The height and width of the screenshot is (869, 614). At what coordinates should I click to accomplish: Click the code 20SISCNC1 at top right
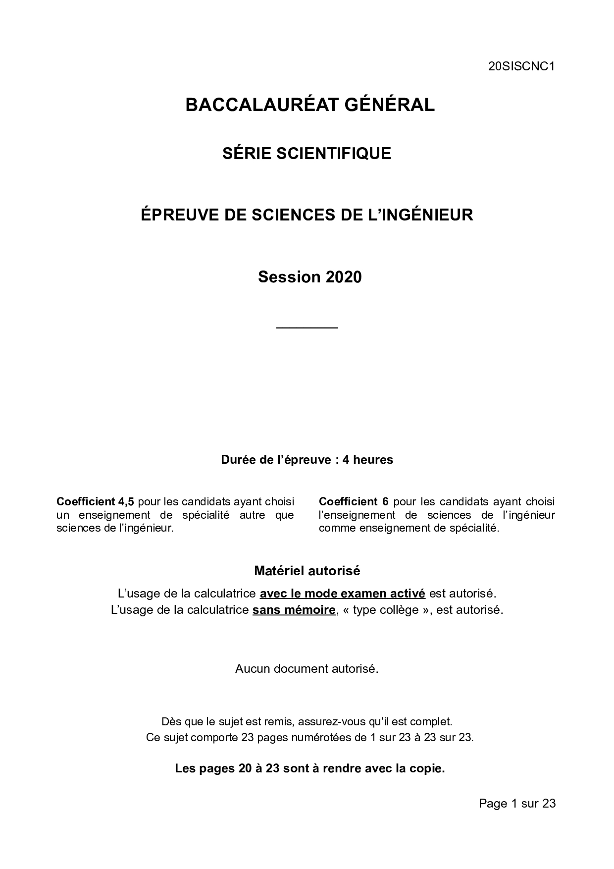pyautogui.click(x=521, y=67)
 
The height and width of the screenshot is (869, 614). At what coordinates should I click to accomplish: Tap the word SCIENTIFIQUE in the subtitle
pyautogui.click(x=333, y=154)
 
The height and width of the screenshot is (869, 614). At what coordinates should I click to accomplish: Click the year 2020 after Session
pyautogui.click(x=344, y=277)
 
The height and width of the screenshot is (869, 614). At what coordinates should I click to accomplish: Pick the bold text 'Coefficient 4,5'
pyautogui.click(x=95, y=501)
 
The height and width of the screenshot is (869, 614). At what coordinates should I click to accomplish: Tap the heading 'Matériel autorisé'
pyautogui.click(x=307, y=571)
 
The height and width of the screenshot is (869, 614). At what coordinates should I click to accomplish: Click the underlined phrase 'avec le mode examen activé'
pyautogui.click(x=342, y=593)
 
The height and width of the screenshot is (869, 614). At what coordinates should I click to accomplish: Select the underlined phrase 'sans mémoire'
pyautogui.click(x=294, y=610)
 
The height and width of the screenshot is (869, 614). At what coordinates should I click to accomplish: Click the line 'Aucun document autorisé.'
pyautogui.click(x=307, y=669)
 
